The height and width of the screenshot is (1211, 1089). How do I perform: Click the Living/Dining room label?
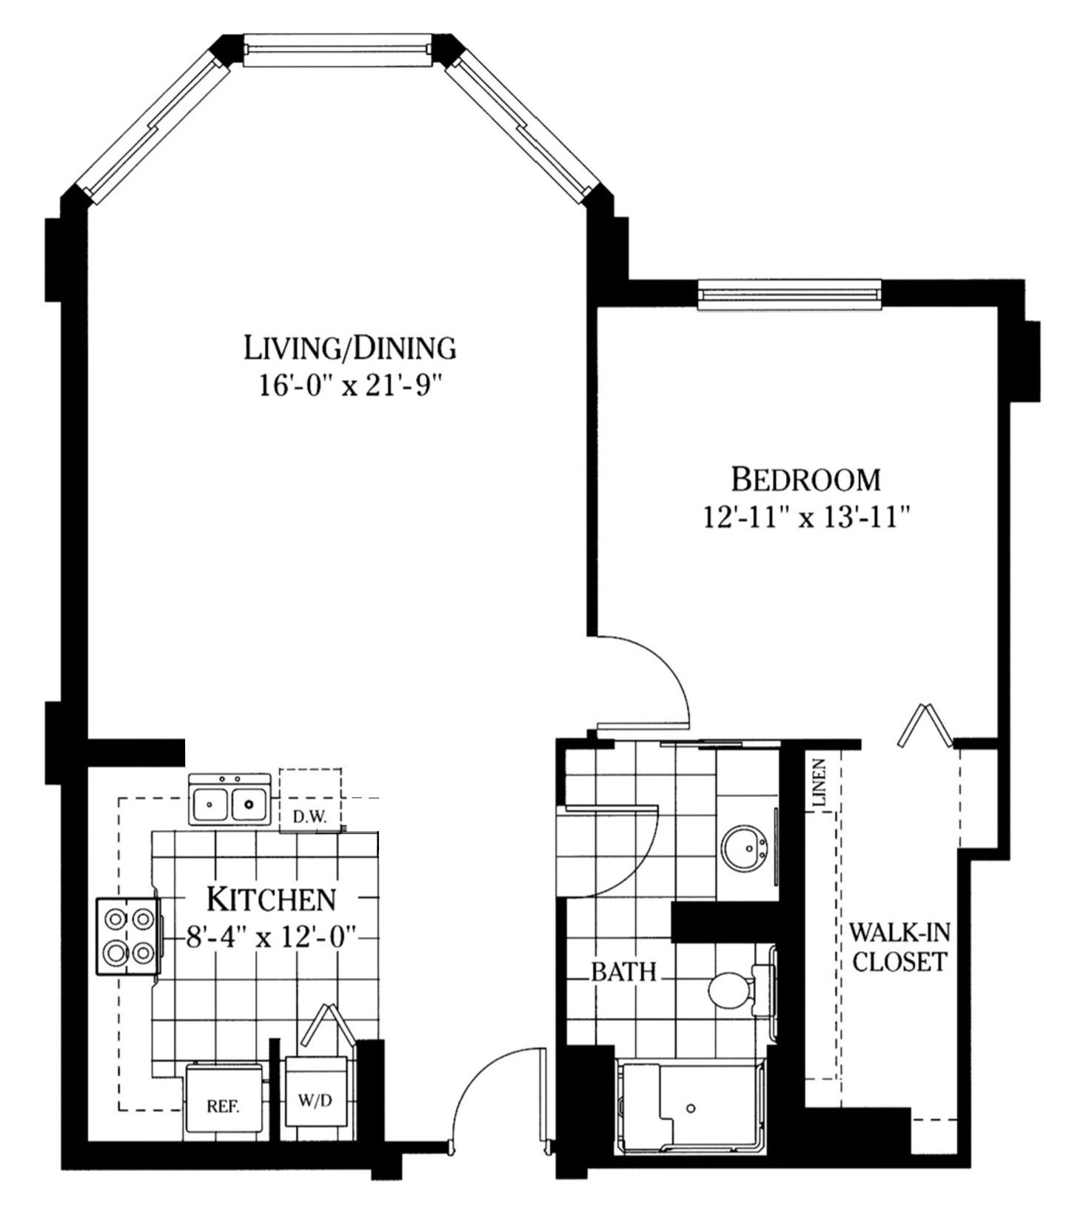click(349, 347)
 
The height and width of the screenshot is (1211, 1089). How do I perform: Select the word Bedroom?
click(805, 480)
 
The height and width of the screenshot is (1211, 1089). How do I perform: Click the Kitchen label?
click(271, 899)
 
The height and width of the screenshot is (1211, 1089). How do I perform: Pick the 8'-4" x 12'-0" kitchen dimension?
click(271, 938)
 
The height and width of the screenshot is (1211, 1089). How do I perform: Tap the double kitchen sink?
click(229, 801)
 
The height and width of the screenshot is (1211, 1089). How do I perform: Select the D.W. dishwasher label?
click(309, 817)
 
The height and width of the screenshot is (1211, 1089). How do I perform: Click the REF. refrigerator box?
click(223, 1107)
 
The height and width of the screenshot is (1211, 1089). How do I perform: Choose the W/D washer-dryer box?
click(315, 1101)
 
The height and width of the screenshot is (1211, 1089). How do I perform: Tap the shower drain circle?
click(691, 1108)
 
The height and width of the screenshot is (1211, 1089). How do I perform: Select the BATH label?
click(624, 971)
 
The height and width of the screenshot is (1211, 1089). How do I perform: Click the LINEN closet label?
click(818, 782)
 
